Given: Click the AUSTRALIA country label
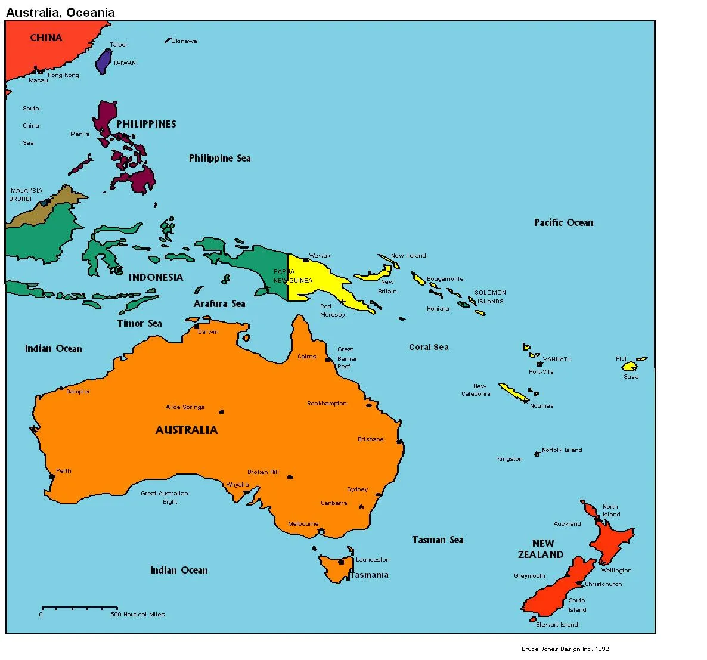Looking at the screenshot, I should point(187,430).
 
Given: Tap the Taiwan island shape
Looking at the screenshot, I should point(104,61).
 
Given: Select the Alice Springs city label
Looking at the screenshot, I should point(185,407).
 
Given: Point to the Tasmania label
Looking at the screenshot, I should point(369,575).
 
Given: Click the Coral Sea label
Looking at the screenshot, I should point(429,347).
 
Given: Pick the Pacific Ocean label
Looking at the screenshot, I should point(563,222).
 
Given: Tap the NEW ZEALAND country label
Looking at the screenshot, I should point(541,549).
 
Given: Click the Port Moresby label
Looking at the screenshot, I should point(332,311).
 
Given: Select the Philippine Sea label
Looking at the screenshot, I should point(219,158).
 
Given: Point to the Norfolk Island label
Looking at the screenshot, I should point(562,450).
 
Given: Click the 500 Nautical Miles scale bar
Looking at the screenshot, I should point(78,609).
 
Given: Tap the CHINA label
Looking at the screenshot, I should point(46,38).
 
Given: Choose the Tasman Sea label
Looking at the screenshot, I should point(438,540).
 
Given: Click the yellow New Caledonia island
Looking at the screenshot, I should point(513,392).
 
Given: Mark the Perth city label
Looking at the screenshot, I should point(63,471).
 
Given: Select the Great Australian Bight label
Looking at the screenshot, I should point(165,497).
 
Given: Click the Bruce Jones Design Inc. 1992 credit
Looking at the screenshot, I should point(565,649).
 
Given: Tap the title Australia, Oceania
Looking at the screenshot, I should point(60,12).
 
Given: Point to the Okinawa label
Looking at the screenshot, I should point(184,41).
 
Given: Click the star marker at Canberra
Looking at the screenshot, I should point(361,507).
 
